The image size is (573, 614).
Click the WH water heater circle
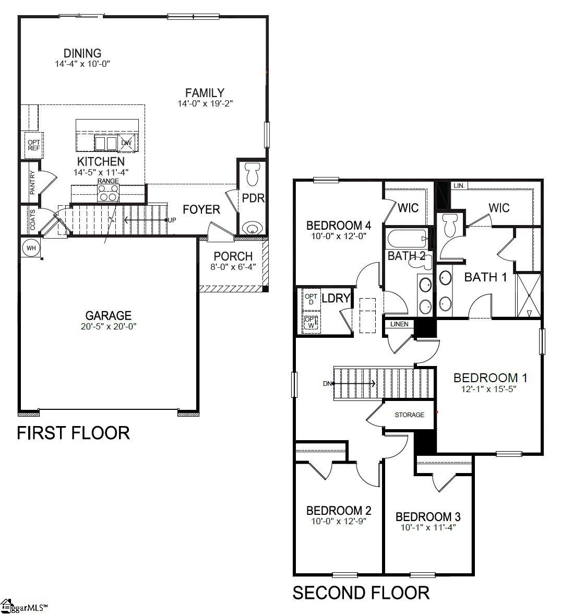(x=31, y=248)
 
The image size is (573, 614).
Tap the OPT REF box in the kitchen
(x=34, y=145)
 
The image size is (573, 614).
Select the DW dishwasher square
(x=126, y=143)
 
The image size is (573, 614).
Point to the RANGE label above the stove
(x=108, y=181)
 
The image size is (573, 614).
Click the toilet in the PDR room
(x=253, y=173)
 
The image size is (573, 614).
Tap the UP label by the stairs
(x=172, y=220)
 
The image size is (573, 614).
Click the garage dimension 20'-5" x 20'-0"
(x=109, y=326)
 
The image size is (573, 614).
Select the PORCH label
(x=233, y=256)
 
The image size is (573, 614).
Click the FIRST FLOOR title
(x=73, y=433)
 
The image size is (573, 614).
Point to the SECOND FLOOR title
(x=361, y=593)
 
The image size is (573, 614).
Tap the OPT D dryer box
(x=311, y=299)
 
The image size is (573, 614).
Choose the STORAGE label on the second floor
(x=409, y=415)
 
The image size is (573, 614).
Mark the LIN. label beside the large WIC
(x=459, y=185)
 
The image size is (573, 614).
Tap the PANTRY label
(x=32, y=183)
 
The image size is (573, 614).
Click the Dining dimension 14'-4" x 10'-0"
(x=82, y=64)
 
